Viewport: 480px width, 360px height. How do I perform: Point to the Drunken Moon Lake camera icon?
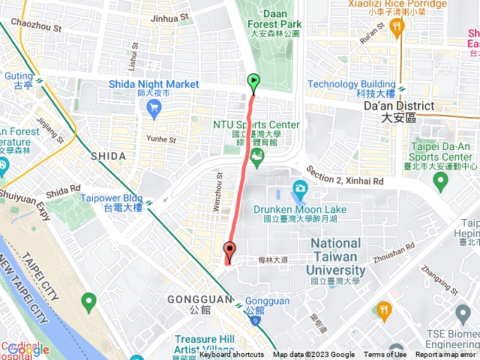pos(300,187)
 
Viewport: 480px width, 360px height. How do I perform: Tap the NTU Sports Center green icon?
pos(258,156)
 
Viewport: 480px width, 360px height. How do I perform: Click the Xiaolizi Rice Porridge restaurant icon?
pos(397,26)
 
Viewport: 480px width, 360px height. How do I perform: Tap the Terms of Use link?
pos(385,355)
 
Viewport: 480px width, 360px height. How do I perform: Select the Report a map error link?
pos(445,355)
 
